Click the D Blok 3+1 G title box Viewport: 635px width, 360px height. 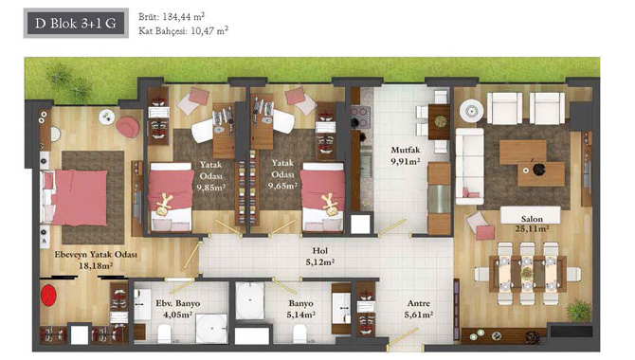coord(76,23)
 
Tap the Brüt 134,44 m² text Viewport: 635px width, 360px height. coord(172,17)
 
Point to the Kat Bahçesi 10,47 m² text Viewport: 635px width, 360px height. coord(183,30)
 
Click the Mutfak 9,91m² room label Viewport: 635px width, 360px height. coord(405,155)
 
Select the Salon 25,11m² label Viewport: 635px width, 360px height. coord(532,224)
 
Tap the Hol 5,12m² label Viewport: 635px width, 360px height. coord(320,257)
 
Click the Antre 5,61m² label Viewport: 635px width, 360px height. coord(419,309)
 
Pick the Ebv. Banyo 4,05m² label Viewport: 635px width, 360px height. coord(178,309)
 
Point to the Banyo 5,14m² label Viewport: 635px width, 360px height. coord(300,309)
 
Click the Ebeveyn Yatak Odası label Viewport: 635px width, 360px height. coord(96,255)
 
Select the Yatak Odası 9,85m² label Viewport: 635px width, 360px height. coord(210,176)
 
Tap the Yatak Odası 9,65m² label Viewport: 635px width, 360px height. coord(282,174)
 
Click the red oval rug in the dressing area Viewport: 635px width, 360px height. coord(48,296)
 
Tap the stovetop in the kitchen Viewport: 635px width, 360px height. coord(360,117)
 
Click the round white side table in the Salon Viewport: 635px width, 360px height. coord(471,111)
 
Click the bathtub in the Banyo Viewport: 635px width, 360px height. coord(250,300)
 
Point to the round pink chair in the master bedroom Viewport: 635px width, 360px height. coord(128,127)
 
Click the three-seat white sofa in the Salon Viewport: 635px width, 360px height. coord(470,167)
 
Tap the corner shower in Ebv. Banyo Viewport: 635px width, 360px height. coord(211,329)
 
